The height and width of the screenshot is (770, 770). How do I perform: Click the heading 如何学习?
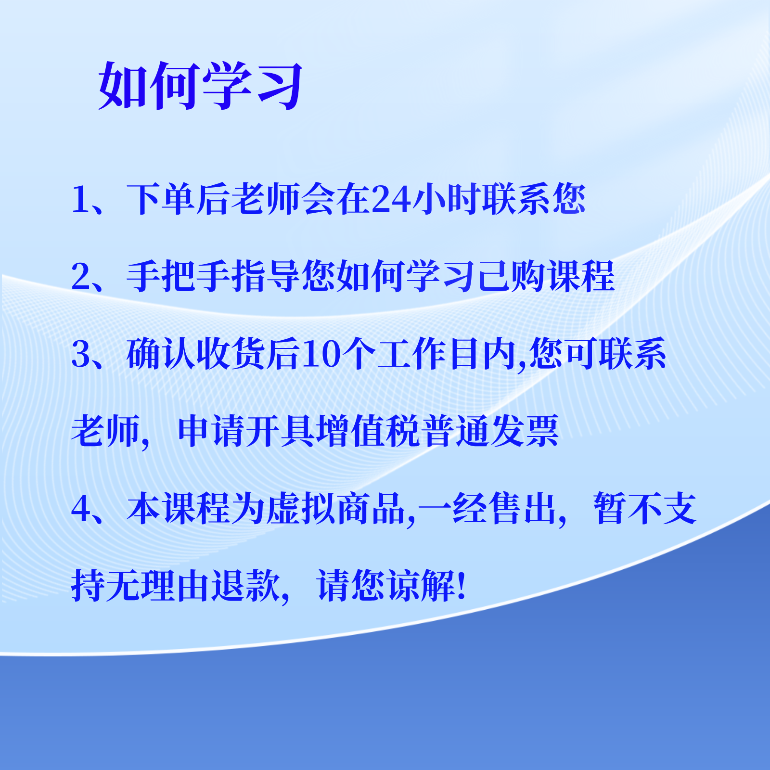click(x=200, y=86)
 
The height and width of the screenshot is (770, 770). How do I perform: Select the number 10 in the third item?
click(x=322, y=354)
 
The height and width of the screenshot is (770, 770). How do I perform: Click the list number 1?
click(x=80, y=199)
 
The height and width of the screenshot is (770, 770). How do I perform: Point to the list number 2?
click(x=81, y=277)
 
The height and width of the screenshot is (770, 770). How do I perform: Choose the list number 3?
click(x=81, y=354)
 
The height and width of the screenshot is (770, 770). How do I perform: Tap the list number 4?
click(x=81, y=509)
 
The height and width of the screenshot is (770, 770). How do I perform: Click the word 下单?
click(x=161, y=199)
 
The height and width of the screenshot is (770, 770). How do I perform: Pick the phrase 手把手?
click(x=179, y=277)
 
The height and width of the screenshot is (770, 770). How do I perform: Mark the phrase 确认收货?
click(x=196, y=354)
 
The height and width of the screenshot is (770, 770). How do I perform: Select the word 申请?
click(x=212, y=431)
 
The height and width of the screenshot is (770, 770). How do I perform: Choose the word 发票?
click(x=524, y=431)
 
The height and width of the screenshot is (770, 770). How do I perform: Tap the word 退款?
click(x=247, y=586)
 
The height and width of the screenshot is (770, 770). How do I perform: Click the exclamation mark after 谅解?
click(x=462, y=586)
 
